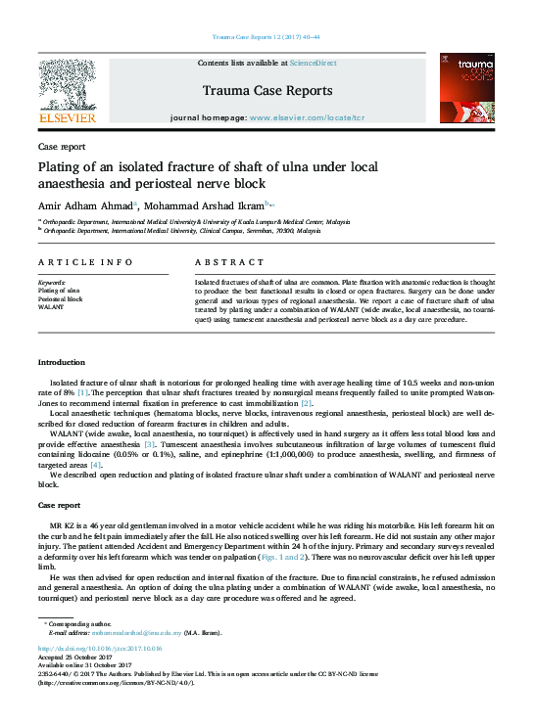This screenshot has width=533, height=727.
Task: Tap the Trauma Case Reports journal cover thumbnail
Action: click(466, 88)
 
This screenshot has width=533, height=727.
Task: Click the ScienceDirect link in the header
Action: click(314, 63)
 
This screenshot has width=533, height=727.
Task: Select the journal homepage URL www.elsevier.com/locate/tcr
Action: click(307, 116)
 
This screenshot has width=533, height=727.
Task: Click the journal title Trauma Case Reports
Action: click(266, 90)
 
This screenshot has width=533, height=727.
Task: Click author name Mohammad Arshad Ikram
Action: click(207, 205)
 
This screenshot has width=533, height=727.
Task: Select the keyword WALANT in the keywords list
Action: click(50, 306)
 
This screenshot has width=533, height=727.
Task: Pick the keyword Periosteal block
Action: click(60, 298)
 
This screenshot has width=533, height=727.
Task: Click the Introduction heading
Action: click(62, 362)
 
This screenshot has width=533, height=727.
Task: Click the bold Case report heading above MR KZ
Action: click(59, 505)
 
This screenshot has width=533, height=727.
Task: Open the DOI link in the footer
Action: click(100, 648)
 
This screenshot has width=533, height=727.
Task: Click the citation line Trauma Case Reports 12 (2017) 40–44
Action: click(266, 37)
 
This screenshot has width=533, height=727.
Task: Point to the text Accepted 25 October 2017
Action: click(74, 656)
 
